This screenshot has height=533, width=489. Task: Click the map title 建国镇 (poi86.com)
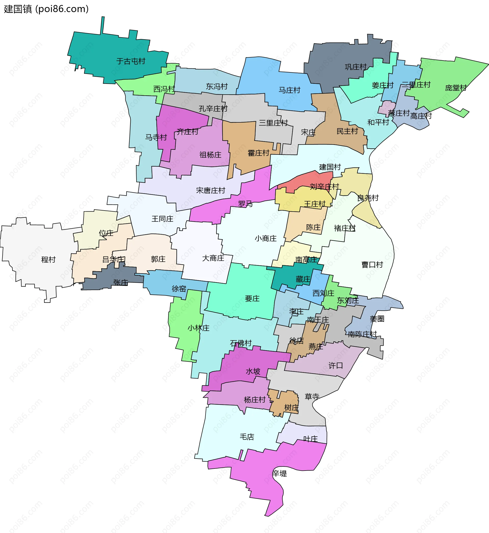46,9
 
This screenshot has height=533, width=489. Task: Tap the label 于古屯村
131,61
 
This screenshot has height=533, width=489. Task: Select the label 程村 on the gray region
48,259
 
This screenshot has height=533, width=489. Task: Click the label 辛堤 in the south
279,473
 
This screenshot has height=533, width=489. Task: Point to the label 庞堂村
456,88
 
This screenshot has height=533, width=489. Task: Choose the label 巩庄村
356,67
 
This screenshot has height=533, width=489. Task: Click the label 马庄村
290,90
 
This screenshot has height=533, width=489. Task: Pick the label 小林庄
198,328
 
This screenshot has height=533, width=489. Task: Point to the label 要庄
252,299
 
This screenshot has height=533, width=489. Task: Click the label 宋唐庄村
210,190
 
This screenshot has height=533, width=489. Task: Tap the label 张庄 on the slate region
121,282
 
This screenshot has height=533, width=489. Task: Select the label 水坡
253,371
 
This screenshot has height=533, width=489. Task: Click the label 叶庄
310,439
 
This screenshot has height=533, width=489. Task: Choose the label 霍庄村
258,153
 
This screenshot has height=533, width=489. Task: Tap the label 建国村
330,167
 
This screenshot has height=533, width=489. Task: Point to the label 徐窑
179,289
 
